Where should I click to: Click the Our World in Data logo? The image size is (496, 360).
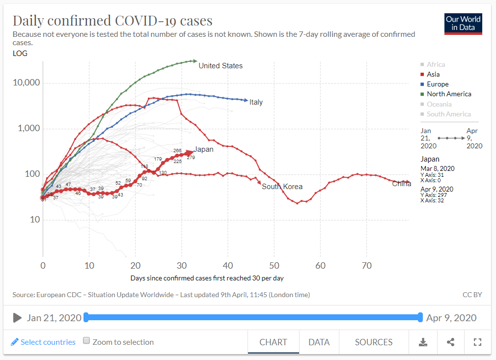click(463, 23)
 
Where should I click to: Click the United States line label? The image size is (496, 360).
click(220, 66)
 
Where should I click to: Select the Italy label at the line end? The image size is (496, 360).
click(256, 102)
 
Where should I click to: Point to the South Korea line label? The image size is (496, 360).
click(282, 187)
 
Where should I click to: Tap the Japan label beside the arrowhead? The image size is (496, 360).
click(204, 149)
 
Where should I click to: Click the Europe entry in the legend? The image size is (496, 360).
click(437, 84)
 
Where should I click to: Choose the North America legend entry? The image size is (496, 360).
click(448, 94)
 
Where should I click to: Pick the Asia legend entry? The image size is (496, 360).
click(433, 74)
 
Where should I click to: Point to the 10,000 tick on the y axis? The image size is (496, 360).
click(26, 83)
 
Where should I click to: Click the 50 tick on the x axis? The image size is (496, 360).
click(274, 266)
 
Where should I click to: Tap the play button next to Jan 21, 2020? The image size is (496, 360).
click(17, 318)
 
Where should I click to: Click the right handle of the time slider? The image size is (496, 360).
click(420, 317)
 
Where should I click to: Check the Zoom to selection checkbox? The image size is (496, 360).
click(86, 341)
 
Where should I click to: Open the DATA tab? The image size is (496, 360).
click(319, 342)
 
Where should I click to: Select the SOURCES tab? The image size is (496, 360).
click(374, 342)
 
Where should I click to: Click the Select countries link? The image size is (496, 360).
click(43, 342)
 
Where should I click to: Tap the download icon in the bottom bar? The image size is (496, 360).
click(422, 342)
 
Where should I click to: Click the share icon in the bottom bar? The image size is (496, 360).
click(450, 342)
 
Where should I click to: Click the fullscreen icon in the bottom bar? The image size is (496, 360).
click(477, 342)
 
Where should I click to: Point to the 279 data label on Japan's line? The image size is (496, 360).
click(191, 158)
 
